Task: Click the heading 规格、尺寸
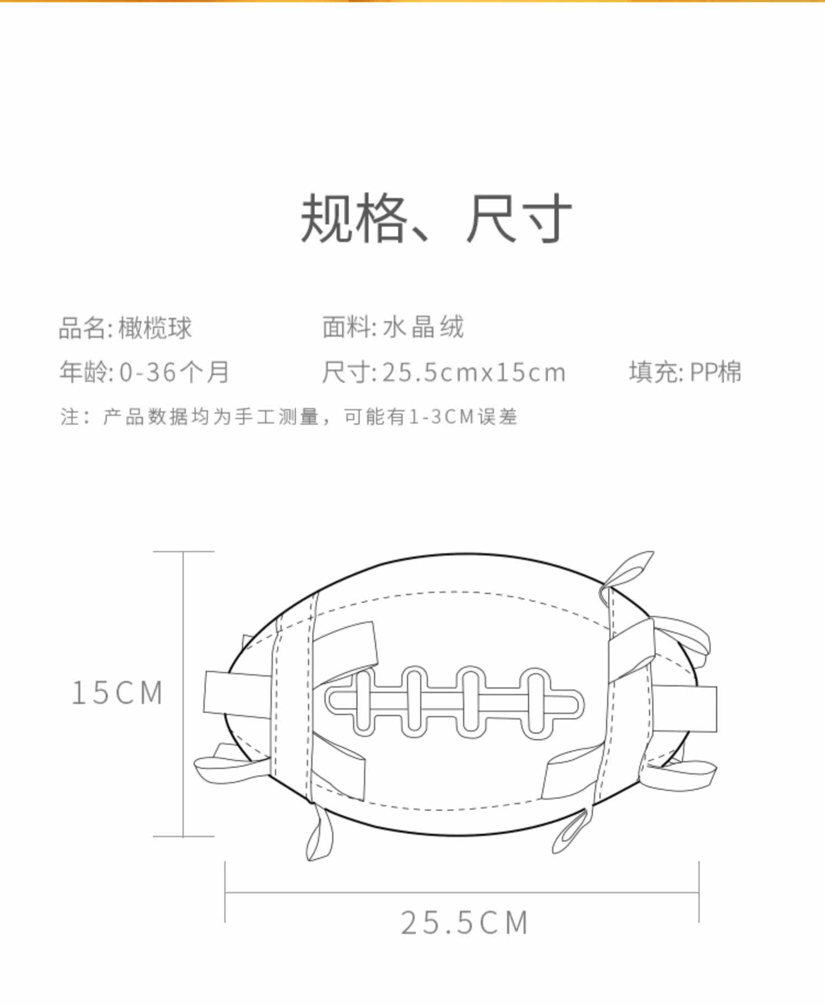click(436, 219)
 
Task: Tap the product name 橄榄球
click(155, 328)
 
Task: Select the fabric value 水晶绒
click(423, 327)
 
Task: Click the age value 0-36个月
click(174, 372)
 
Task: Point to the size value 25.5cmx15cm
click(474, 373)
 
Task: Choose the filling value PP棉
click(715, 372)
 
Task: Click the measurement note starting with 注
click(289, 417)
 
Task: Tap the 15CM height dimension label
click(117, 692)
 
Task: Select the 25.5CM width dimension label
click(464, 923)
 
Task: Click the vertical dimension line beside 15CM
click(183, 694)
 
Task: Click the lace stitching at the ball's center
click(454, 702)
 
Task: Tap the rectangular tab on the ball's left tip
click(238, 695)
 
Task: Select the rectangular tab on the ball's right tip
click(684, 708)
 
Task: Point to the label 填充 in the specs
click(652, 372)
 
